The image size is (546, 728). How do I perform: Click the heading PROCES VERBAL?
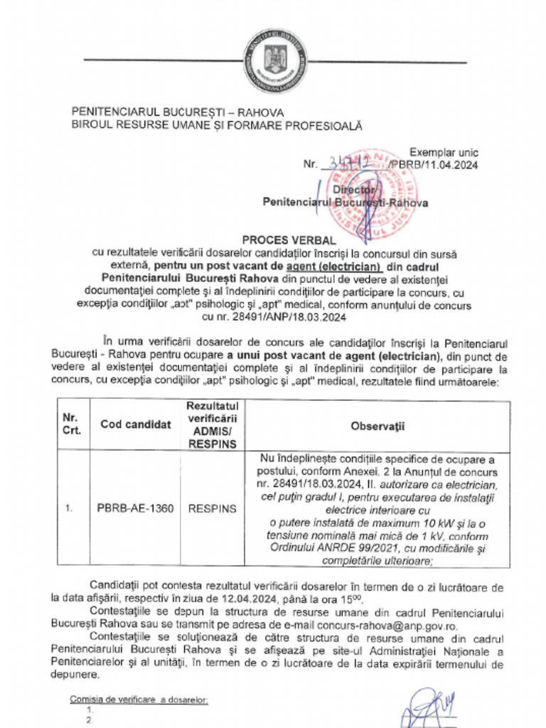coord(273,240)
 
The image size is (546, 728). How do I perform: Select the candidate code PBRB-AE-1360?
coord(134,510)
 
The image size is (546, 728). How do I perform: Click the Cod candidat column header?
coord(135,424)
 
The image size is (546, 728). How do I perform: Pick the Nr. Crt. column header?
coord(73,424)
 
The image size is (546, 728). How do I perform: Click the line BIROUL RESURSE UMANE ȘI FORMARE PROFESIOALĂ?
coord(217,125)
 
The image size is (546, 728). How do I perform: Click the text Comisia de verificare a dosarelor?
coord(139,700)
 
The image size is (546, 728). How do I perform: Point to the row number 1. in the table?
coord(71,510)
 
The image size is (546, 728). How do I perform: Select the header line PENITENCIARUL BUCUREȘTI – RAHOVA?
coord(178,112)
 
